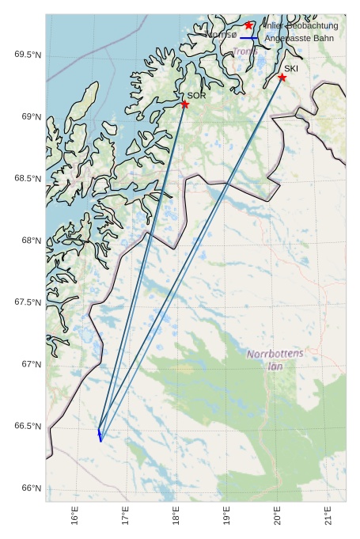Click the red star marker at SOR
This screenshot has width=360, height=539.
point(184,104)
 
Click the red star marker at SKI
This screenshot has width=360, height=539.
point(282,78)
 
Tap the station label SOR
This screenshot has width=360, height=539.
point(196,96)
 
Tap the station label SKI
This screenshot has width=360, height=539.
point(291,69)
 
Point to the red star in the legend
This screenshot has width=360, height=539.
point(248,25)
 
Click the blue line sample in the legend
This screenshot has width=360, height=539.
point(248,38)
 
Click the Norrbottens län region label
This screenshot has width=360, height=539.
point(275,360)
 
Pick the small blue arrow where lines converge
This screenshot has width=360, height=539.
point(100,435)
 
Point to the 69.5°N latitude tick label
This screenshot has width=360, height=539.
point(27,55)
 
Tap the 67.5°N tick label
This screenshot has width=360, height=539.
point(27,302)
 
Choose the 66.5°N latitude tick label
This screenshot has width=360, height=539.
point(27,427)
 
